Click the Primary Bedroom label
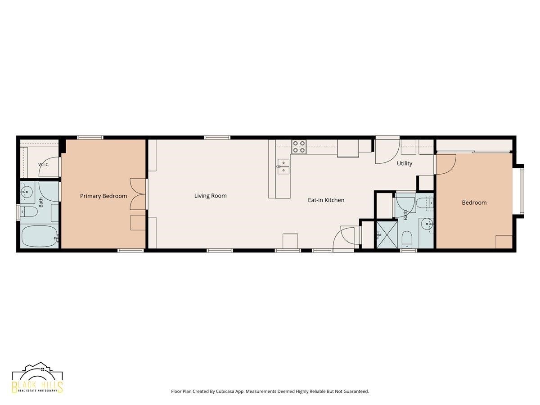[103, 196]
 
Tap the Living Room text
[210, 196]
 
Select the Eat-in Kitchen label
[326, 200]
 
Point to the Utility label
[405, 163]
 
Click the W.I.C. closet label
[44, 165]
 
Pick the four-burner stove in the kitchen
[299, 147]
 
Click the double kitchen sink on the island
[283, 166]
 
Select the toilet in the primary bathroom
[28, 211]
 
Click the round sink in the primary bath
[27, 191]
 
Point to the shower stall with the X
[387, 234]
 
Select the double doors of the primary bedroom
[138, 194]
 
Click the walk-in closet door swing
[49, 167]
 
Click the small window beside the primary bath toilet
[18, 211]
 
